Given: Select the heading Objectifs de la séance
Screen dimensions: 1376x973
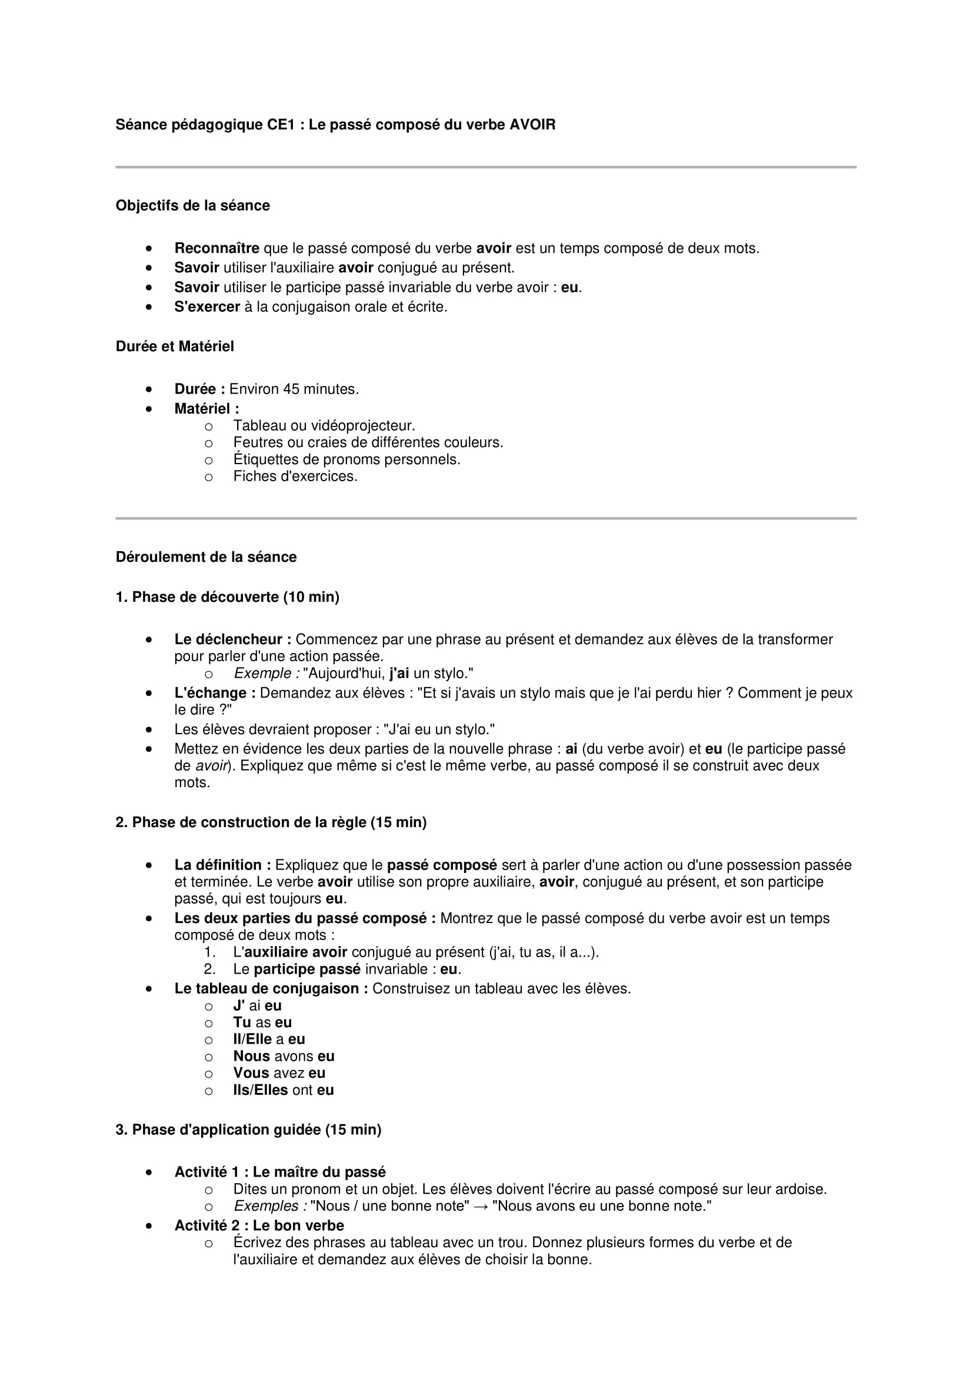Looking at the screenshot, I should point(192,205).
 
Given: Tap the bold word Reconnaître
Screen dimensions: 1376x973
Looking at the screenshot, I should point(216,248).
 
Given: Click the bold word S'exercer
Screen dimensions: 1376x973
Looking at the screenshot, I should point(206,307).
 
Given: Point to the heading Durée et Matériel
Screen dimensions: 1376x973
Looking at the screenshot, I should point(174,347).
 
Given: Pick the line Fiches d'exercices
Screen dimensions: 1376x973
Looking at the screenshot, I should point(295,477).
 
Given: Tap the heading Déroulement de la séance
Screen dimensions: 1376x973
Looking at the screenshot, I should point(205,557).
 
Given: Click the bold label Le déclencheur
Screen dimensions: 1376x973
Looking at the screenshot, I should point(232,639).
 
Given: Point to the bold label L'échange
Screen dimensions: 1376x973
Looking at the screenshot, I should point(215,693).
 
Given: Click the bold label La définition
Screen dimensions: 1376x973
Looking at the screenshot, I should point(222,865).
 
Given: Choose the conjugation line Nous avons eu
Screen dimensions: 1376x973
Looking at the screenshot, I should point(284,1057).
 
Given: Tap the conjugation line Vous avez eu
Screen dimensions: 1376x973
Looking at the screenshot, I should point(279,1074).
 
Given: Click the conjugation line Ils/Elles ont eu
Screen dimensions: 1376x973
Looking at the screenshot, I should point(284,1090).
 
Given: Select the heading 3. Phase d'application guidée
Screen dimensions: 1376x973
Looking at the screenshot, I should point(248,1130).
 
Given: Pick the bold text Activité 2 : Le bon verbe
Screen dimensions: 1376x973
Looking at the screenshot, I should point(259,1225).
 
